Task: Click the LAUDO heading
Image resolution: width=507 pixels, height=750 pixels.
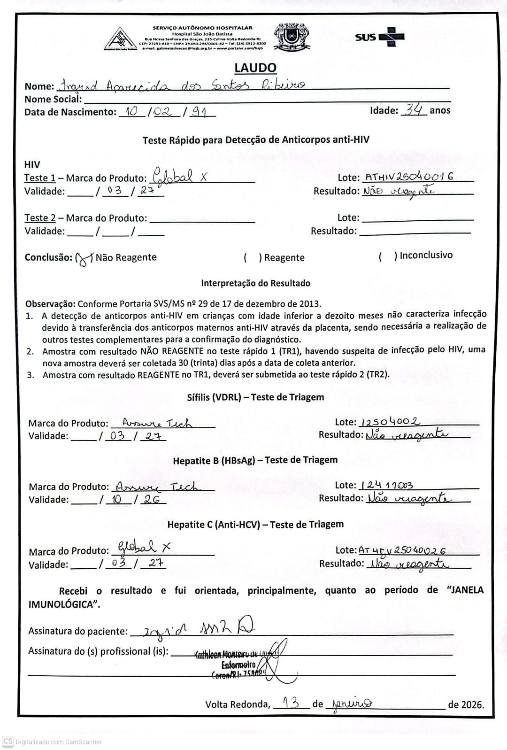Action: click(x=255, y=68)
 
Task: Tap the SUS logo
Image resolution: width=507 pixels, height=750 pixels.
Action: click(x=379, y=37)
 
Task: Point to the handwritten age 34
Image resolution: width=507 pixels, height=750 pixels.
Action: click(x=414, y=110)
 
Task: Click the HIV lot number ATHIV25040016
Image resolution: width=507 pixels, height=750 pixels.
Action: click(x=409, y=177)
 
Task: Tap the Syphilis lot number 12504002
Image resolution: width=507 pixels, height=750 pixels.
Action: click(x=390, y=421)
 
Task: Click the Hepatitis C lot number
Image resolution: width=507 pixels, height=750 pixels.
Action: click(x=402, y=550)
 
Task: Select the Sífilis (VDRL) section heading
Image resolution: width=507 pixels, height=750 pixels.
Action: click(x=255, y=397)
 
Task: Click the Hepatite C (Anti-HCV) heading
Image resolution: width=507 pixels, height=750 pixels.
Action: click(x=255, y=524)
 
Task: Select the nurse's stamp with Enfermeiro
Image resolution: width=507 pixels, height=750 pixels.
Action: click(x=238, y=664)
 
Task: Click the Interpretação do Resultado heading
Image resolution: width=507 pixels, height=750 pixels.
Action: click(x=255, y=283)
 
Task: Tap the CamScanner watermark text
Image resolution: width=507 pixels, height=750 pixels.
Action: click(x=58, y=742)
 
